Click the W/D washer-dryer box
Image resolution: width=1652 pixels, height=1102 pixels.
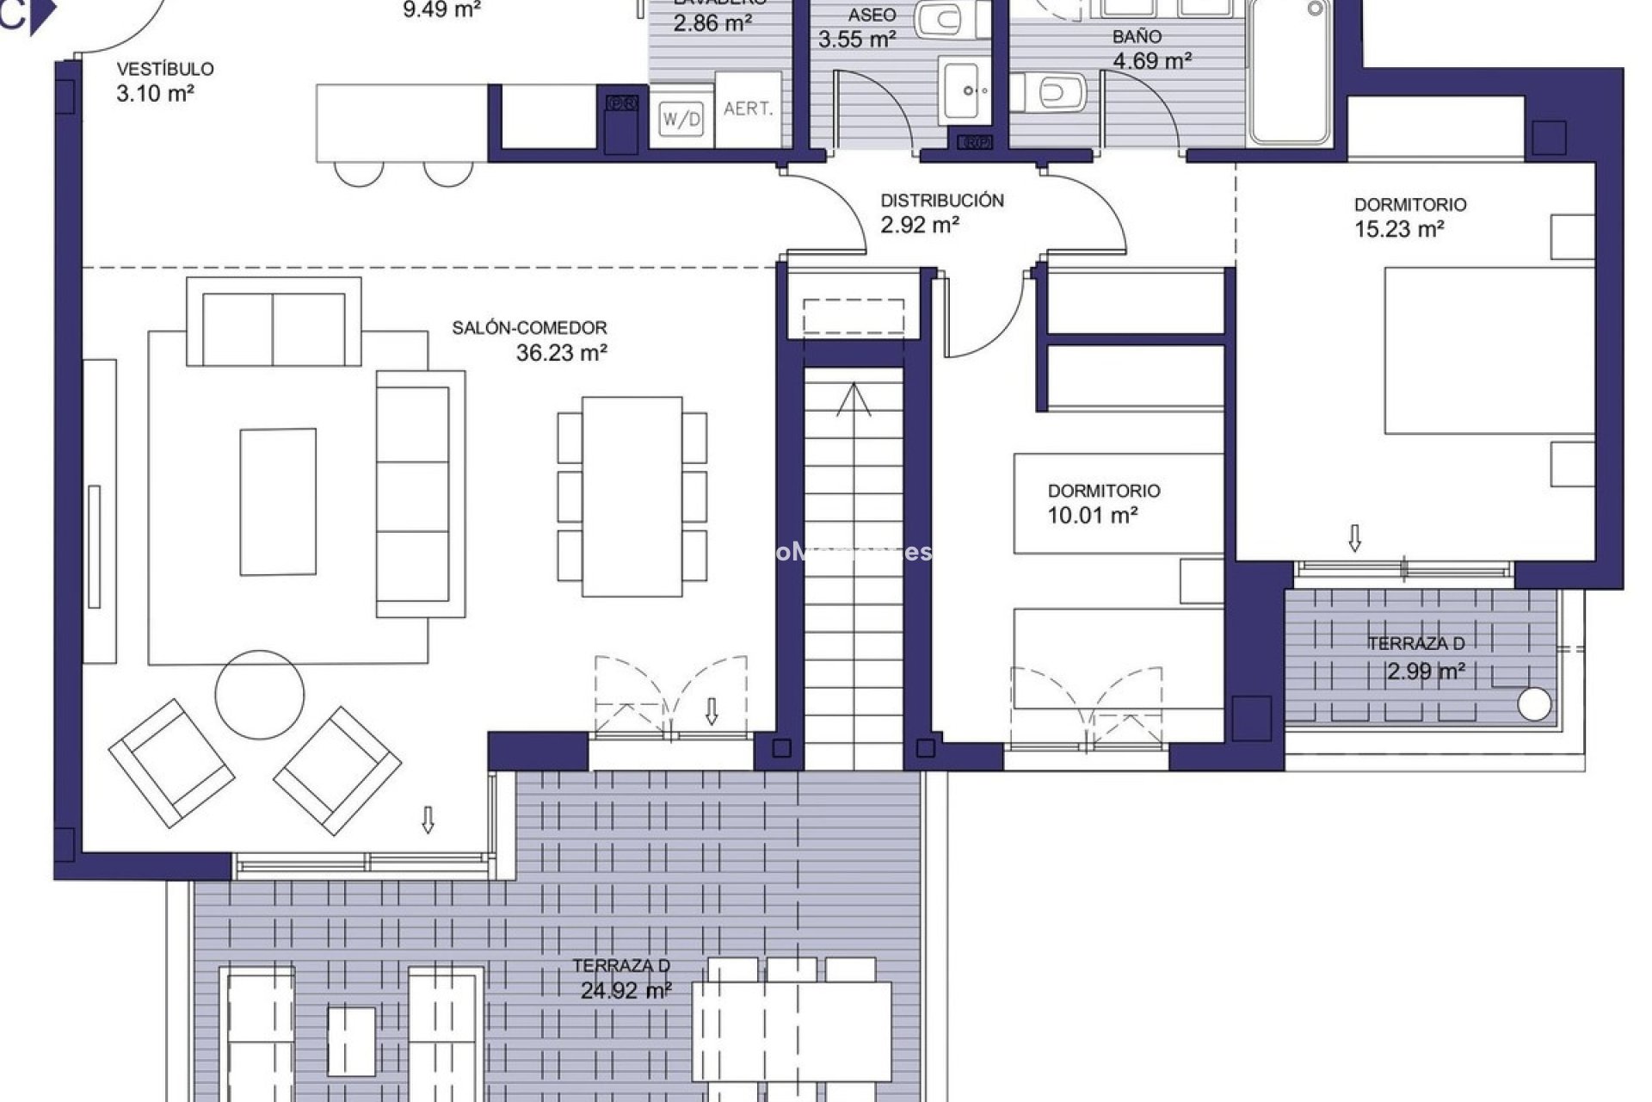coord(681,120)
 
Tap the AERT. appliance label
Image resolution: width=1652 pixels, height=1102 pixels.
coord(748,109)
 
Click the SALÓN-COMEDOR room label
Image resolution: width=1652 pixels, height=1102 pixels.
coord(529,328)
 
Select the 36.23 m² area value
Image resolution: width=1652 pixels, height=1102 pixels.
coord(561,353)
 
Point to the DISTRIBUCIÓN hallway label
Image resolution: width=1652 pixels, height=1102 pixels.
coord(941,201)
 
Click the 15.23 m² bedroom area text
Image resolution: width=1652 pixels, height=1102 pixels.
coord(1398,229)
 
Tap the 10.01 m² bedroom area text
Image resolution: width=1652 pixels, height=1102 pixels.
coord(1092,516)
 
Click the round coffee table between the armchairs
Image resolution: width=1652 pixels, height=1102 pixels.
coord(259,694)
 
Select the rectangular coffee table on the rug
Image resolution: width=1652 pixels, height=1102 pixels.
coord(277,501)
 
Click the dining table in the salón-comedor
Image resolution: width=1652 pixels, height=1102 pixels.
coord(632,496)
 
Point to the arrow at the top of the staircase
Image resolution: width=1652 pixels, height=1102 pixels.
coord(853,399)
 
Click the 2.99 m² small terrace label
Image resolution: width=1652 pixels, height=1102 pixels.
coord(1426,672)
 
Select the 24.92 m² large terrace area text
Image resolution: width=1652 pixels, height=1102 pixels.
coord(626,991)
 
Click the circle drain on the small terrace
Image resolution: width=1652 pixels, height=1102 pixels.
coord(1534,703)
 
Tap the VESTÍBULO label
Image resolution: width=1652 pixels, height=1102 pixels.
coord(165,69)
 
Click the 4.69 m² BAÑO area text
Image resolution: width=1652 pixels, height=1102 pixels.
coord(1151,61)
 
